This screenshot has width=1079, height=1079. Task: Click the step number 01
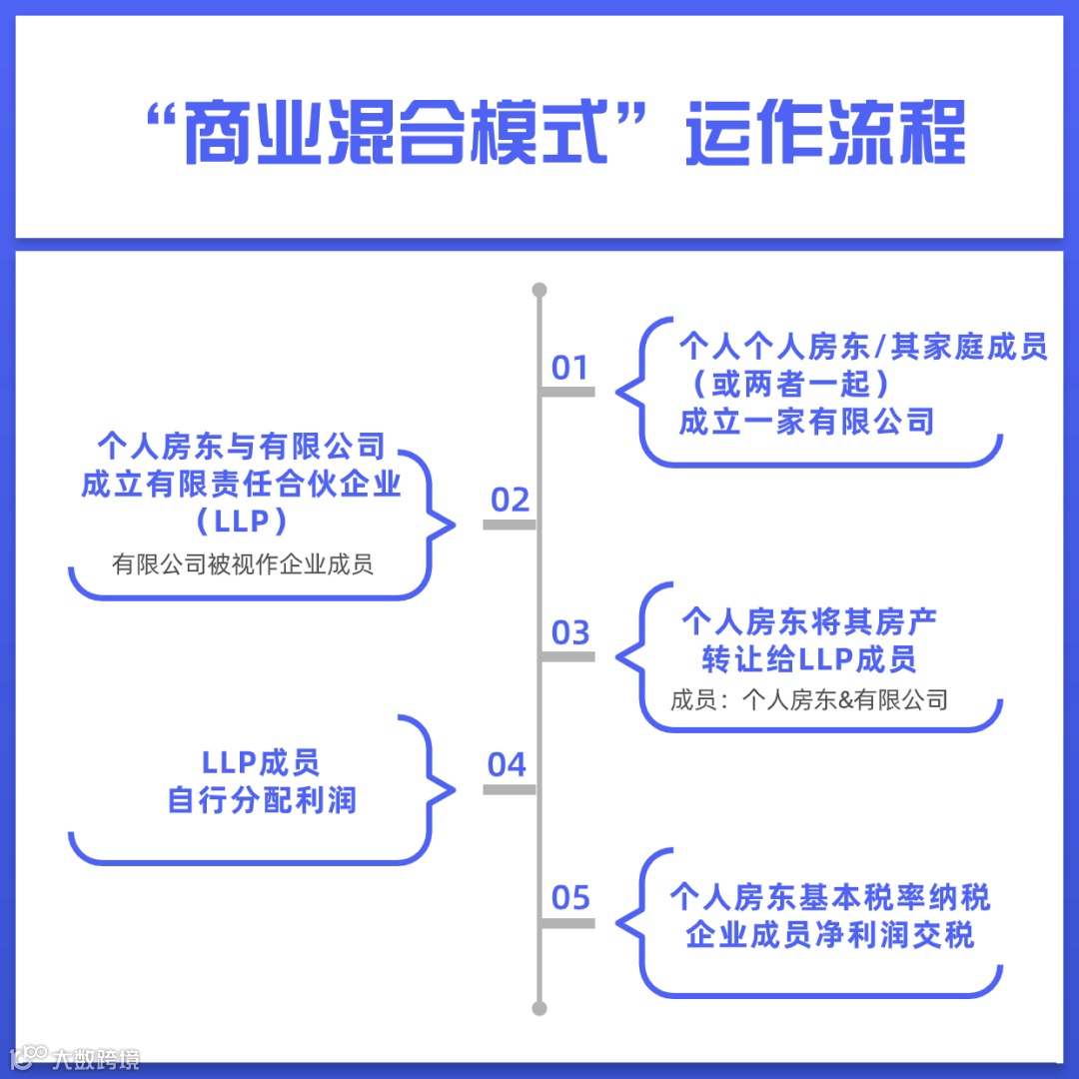[570, 368]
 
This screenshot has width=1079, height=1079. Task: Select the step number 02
[511, 500]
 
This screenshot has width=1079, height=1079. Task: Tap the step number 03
[570, 632]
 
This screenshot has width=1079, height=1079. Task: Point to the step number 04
[508, 765]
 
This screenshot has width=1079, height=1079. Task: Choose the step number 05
[570, 897]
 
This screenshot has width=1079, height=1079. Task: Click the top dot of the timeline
[539, 291]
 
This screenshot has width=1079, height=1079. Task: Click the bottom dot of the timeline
[539, 1008]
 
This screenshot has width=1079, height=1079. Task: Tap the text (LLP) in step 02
[243, 522]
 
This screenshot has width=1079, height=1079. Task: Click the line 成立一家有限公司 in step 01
[806, 422]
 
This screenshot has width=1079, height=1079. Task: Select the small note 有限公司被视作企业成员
[243, 564]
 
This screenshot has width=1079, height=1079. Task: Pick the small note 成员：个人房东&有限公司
[809, 699]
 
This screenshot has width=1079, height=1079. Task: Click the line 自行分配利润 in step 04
[262, 800]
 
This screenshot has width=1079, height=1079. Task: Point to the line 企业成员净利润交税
[829, 935]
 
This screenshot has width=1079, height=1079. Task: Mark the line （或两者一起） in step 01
[784, 385]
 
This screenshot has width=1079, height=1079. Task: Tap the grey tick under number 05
[567, 923]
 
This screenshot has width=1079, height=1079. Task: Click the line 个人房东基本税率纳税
[829, 897]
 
